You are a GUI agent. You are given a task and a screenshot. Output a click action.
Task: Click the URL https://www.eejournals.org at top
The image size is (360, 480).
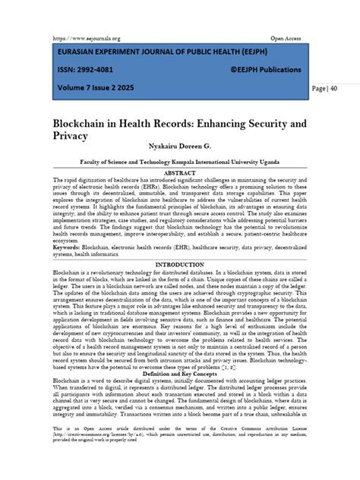tap(87, 38)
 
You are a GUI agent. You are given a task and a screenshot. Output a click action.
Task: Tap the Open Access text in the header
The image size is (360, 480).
tap(288, 38)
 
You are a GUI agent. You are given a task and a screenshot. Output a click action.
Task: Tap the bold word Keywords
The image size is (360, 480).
tap(68, 247)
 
